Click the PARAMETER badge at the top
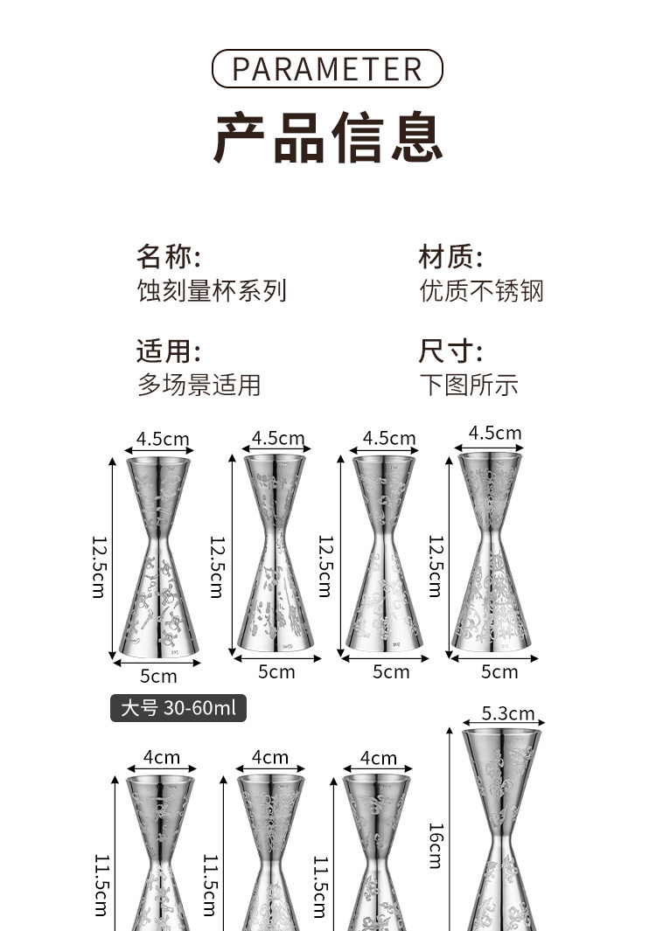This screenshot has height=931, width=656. (328, 68)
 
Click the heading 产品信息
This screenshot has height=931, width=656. (328, 137)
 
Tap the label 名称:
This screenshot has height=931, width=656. (168, 257)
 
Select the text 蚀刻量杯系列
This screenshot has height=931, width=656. (212, 290)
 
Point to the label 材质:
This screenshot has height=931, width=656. (450, 257)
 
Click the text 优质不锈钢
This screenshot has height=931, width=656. (481, 290)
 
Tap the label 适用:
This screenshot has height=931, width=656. (168, 351)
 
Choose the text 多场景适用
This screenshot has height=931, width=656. (199, 385)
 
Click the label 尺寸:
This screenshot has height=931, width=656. (450, 351)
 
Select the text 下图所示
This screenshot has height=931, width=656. (469, 385)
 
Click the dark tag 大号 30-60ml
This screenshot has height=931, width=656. (178, 707)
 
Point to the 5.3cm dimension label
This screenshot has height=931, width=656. (508, 714)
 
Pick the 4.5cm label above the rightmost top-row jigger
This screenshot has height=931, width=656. (495, 433)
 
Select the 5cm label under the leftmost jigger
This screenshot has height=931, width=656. (158, 676)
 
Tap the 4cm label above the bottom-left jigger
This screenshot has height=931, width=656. (162, 758)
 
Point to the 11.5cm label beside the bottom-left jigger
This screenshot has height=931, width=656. (101, 883)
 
